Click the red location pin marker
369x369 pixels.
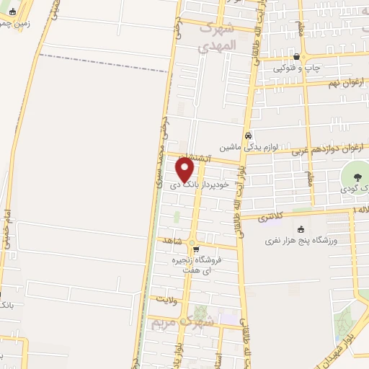(186, 170)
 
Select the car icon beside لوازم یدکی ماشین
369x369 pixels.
(248, 135)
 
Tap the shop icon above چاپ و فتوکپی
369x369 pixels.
(297, 57)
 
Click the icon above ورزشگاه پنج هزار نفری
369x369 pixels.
(301, 230)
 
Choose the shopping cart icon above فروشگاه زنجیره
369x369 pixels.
(195, 250)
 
